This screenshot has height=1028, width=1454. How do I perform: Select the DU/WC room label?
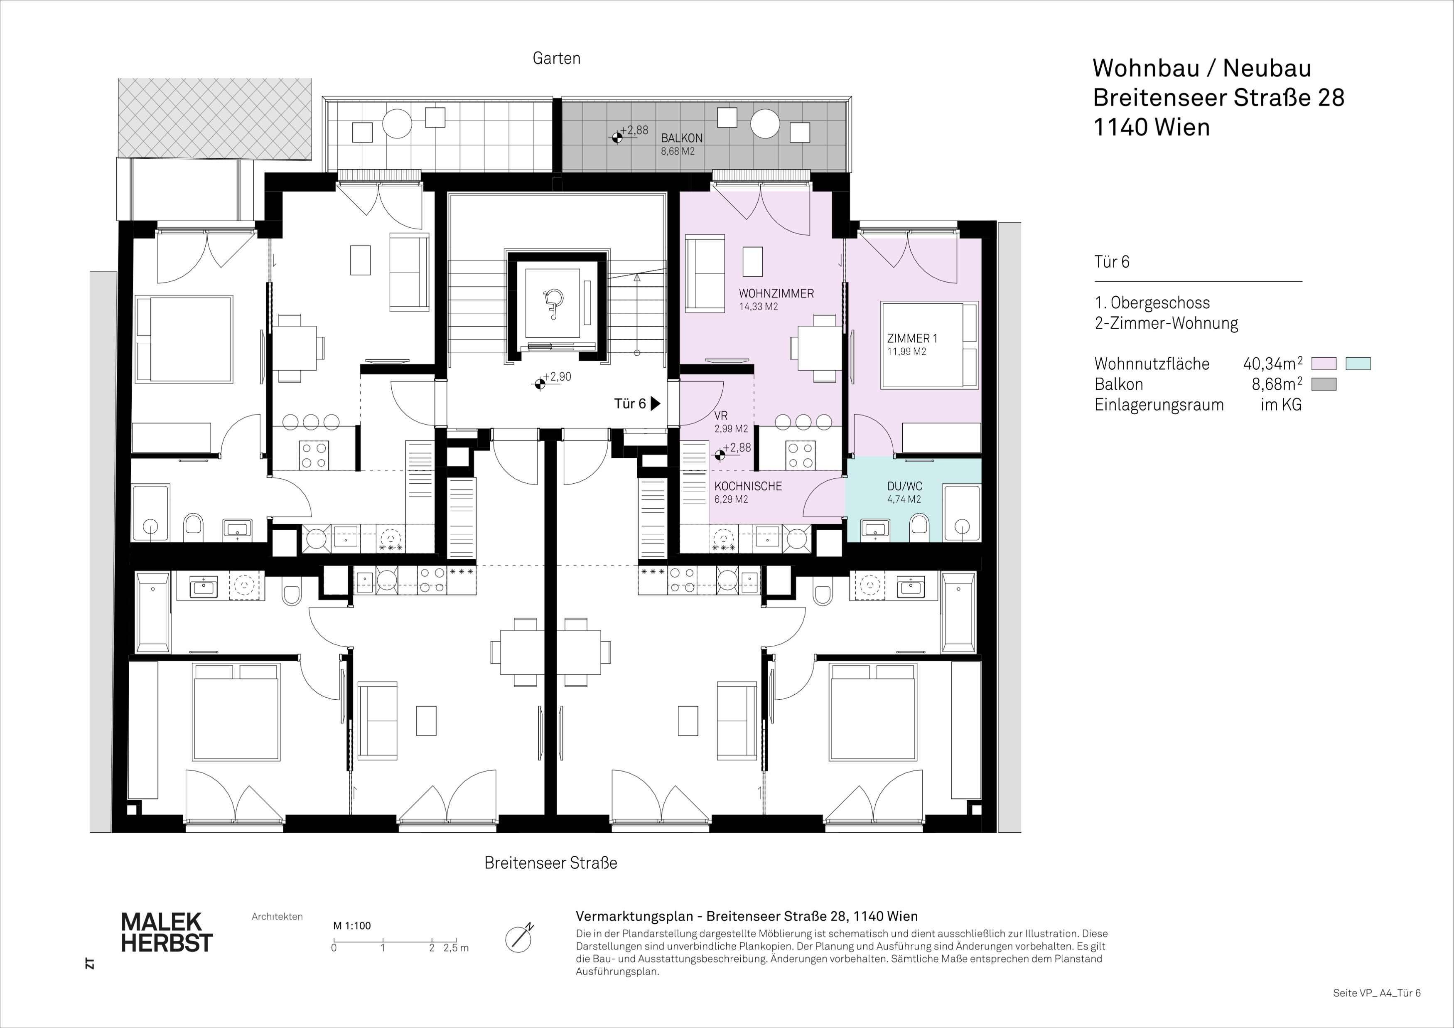[904, 487]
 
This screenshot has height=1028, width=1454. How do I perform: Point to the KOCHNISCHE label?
[748, 487]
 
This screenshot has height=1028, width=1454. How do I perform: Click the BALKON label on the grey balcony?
[681, 138]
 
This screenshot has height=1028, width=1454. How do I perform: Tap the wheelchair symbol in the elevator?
[553, 303]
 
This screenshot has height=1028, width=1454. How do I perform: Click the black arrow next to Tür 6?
[656, 403]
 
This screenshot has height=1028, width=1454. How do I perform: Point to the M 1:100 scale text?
[352, 926]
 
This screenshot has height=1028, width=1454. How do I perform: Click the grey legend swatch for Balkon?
[1324, 384]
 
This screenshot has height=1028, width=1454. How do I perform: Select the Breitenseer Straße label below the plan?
[550, 863]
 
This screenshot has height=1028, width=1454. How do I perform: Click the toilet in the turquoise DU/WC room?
[919, 526]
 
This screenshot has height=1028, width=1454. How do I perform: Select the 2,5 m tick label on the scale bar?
[456, 948]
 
